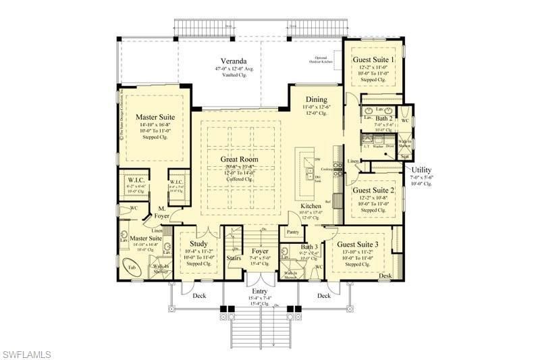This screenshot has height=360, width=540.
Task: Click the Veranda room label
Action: pos(232,59)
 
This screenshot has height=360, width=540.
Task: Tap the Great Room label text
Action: pos(240,159)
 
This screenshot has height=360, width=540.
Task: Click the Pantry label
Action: pos(292,232)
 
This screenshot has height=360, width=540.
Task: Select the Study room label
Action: pos(198,243)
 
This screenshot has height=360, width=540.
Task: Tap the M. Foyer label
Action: pos(162,211)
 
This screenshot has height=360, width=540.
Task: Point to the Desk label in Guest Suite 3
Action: pos(385,276)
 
